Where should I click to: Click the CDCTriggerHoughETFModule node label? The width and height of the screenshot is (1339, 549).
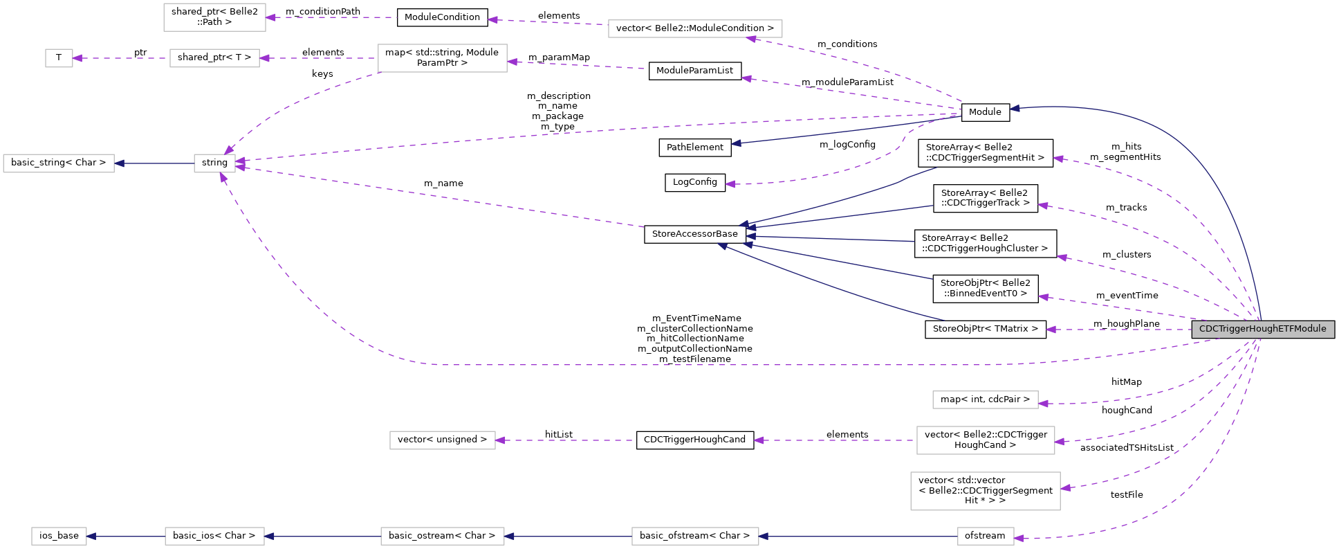[x=1262, y=329]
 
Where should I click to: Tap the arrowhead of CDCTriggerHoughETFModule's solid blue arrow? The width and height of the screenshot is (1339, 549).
[x=1015, y=108]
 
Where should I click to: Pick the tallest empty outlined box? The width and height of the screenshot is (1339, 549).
[x=985, y=491]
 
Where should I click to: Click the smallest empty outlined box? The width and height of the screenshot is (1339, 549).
[x=59, y=58]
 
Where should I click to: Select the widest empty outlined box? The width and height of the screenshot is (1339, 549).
[x=695, y=28]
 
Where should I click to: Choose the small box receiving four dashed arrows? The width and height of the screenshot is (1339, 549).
[x=214, y=163]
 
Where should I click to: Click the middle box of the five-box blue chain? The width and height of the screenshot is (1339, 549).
[x=442, y=536]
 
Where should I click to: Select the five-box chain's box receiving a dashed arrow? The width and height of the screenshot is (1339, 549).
[x=985, y=536]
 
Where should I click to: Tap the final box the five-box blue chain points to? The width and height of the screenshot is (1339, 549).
[x=59, y=536]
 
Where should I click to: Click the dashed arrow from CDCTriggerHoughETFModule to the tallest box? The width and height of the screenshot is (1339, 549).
[x=1176, y=464]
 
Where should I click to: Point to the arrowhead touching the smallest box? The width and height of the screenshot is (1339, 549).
[x=77, y=58]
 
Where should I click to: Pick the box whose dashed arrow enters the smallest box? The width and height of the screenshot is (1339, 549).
[x=214, y=58]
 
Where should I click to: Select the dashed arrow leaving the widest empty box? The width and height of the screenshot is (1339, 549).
[x=546, y=22]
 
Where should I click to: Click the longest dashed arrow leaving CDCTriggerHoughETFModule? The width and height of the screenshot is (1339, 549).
[x=692, y=364]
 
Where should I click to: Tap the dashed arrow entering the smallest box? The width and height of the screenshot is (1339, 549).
[x=121, y=58]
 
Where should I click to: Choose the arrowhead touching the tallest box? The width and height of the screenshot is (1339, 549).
[x=1066, y=488]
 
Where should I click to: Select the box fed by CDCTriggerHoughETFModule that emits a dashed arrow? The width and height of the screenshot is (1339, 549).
[x=985, y=440]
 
